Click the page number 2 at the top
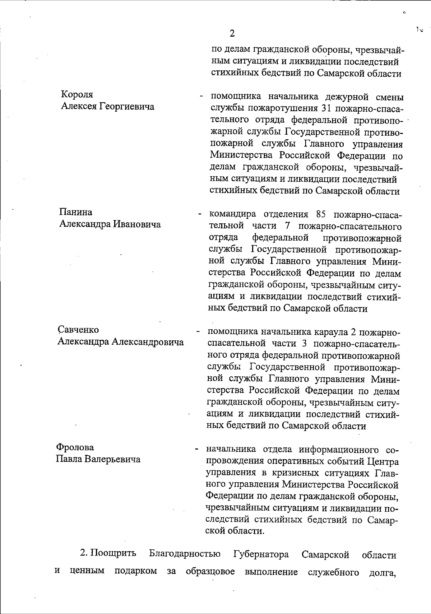click(232, 34)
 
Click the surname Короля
click(77, 94)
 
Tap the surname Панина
click(75, 212)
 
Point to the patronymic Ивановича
click(137, 224)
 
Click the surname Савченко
click(78, 330)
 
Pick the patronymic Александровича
click(148, 342)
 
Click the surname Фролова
click(75, 447)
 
